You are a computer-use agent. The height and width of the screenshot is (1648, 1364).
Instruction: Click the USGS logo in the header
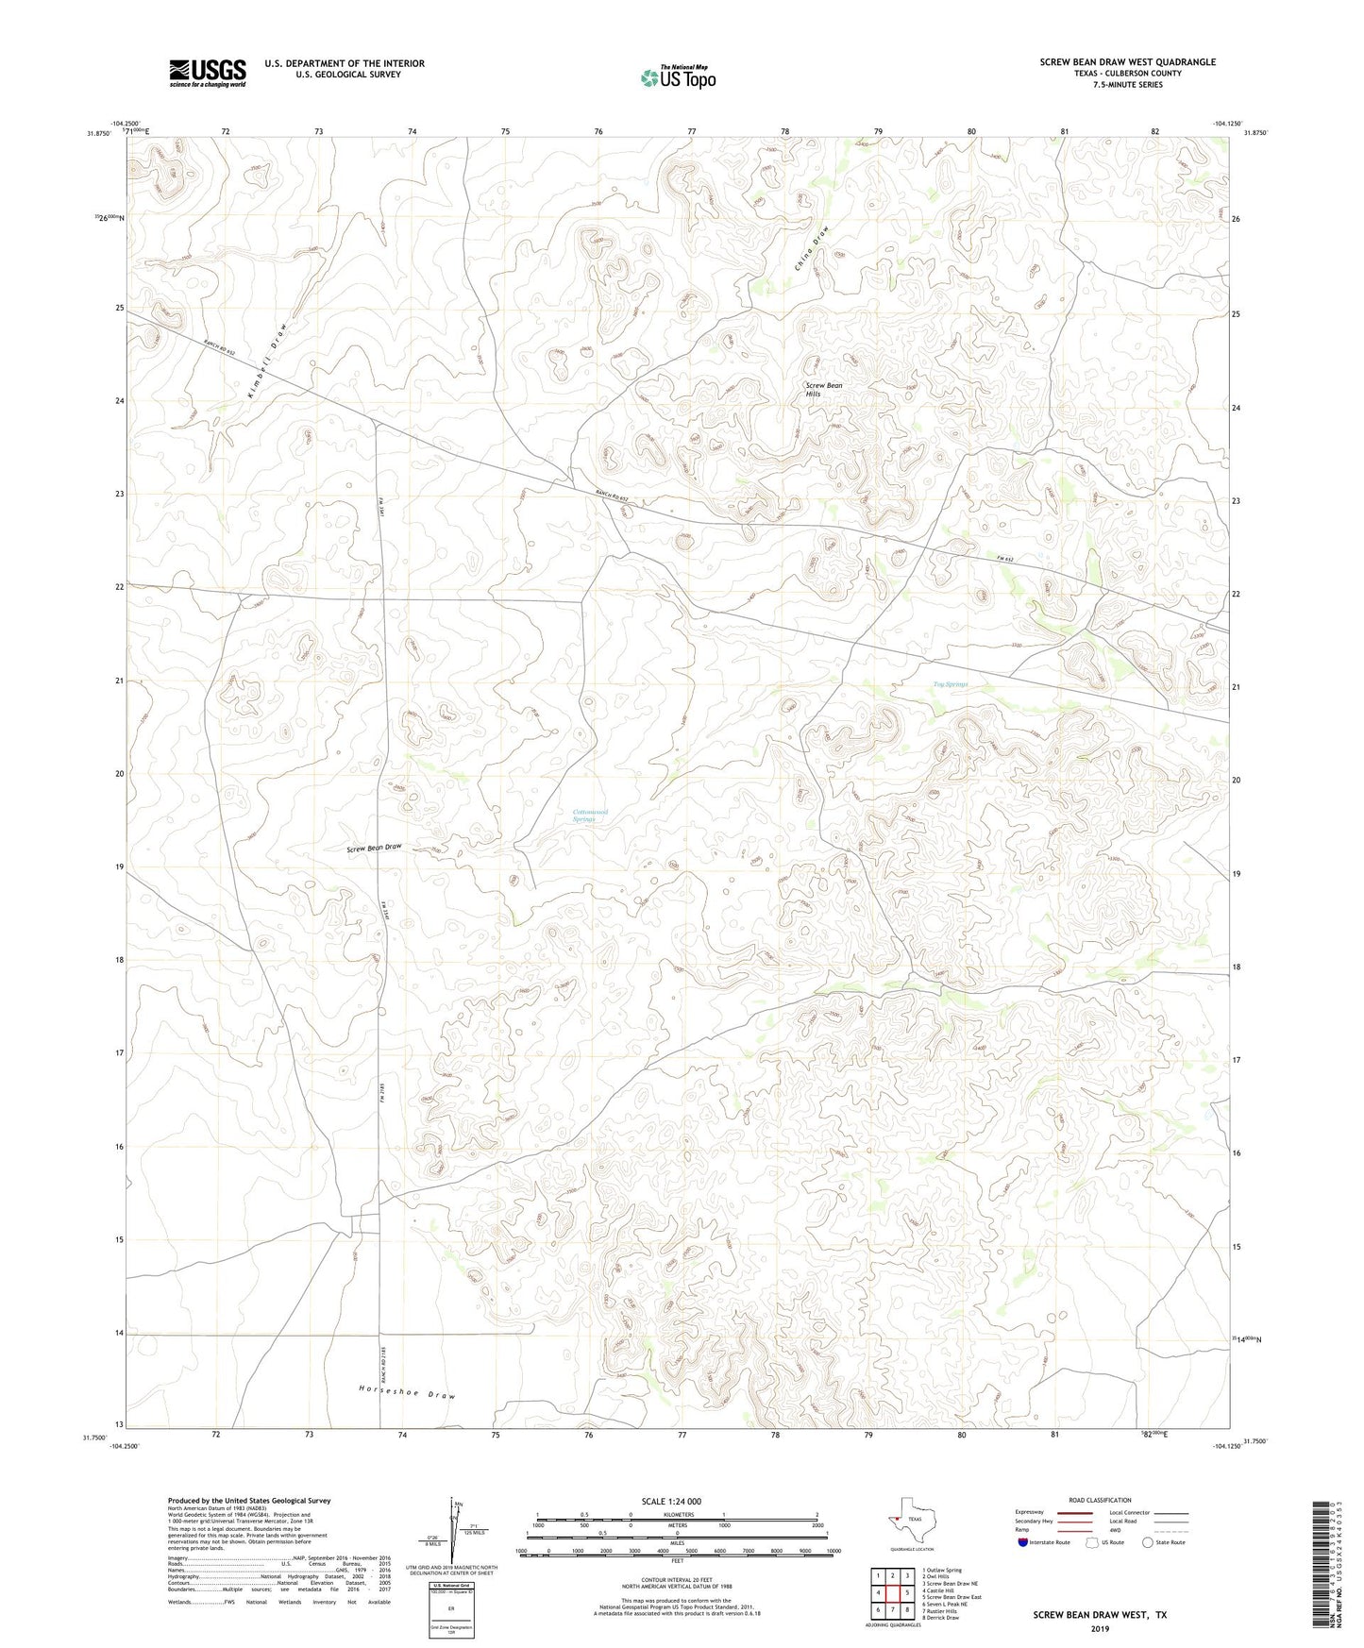pyautogui.click(x=207, y=73)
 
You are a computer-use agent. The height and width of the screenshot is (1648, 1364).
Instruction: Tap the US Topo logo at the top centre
pyautogui.click(x=677, y=77)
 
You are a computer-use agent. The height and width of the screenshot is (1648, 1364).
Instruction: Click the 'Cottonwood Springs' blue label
pyautogui.click(x=590, y=816)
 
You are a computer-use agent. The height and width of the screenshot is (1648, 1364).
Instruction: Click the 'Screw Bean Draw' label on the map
pyautogui.click(x=374, y=848)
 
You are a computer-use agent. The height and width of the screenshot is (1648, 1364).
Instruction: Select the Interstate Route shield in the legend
pyautogui.click(x=1023, y=1542)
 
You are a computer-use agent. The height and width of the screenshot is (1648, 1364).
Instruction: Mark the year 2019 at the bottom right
pyautogui.click(x=1099, y=1628)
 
